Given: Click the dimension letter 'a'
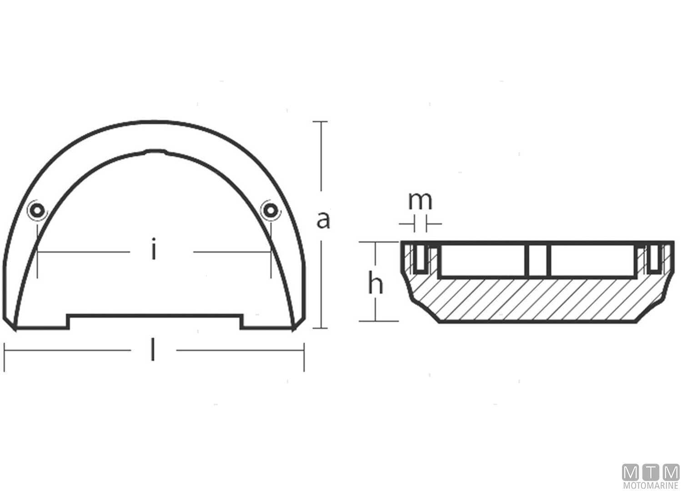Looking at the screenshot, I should point(323,220).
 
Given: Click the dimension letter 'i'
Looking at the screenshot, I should point(154,251).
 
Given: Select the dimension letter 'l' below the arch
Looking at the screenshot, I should point(153,351).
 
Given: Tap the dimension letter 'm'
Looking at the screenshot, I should point(420,200).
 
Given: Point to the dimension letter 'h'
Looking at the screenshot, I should point(376,285).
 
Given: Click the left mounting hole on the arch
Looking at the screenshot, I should point(36,210).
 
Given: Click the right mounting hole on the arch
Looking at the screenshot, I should point(270,210).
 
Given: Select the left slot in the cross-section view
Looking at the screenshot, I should point(420,260).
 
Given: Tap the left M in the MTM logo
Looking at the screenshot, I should point(631,473).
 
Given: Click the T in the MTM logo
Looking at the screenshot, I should point(651,473).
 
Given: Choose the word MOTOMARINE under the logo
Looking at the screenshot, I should point(651,486).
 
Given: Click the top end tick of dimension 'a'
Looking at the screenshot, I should point(321,122).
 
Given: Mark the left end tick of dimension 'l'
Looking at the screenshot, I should point(5,357).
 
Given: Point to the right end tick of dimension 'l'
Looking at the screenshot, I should point(304,357).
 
